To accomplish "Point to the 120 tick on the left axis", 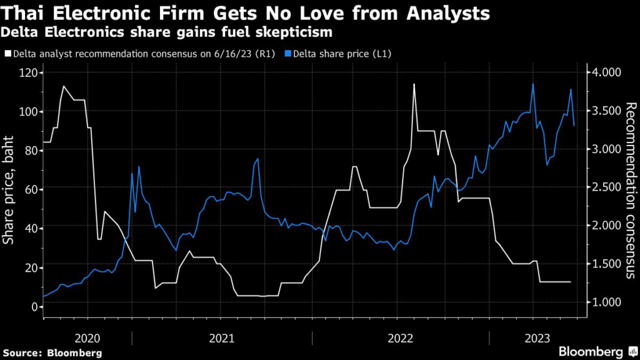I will click(x=27, y=73).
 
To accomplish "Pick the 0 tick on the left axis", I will click(x=32, y=306).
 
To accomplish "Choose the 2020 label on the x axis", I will click(x=87, y=338).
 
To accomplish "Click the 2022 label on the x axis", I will click(x=400, y=338).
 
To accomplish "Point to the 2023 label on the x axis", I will click(x=537, y=338).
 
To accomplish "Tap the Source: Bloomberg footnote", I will click(x=52, y=353).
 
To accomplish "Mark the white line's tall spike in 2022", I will click(x=414, y=84).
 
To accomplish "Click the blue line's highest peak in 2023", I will click(x=532, y=84).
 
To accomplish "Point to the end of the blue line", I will click(x=574, y=126).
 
